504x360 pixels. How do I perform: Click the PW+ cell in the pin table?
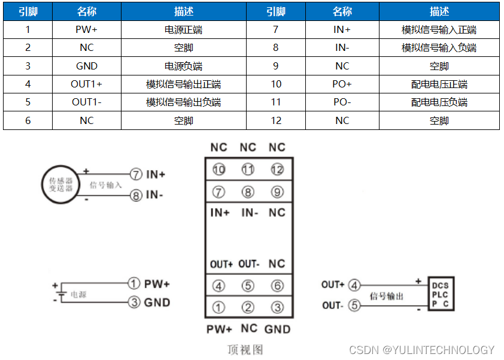pos(87,30)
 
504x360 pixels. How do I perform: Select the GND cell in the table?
pos(87,66)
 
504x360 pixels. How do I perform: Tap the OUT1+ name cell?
pos(87,84)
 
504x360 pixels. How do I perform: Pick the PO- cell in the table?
pos(342,102)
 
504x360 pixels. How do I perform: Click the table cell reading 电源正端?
pos(183,30)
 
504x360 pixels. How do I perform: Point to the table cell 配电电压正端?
pos(439,84)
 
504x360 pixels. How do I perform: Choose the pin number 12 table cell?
pos(275,120)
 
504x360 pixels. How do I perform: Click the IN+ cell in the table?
pos(342,30)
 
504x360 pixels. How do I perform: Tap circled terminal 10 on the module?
pos(219,170)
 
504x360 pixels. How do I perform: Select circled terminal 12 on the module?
pos(277,170)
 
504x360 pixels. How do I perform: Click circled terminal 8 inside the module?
pos(248,192)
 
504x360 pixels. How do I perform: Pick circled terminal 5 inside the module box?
pos(248,286)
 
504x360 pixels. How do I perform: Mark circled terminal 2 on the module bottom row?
pos(248,308)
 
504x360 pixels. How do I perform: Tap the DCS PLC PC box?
pos(441,295)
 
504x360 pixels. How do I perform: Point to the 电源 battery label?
pos(78,295)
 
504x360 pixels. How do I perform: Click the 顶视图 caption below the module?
pos(245,349)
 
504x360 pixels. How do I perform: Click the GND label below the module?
pos(277,329)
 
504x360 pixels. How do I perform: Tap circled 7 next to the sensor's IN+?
pos(136,174)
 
